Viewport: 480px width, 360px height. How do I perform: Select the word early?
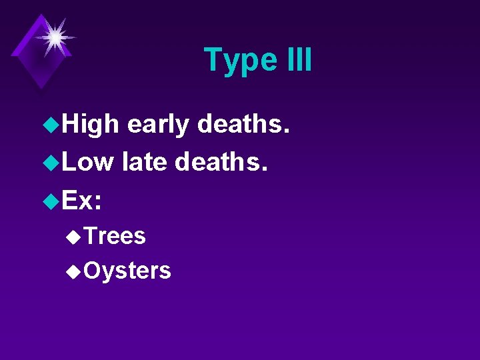coord(158,125)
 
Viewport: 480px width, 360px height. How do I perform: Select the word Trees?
coord(115,235)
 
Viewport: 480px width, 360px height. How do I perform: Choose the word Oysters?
coord(128,271)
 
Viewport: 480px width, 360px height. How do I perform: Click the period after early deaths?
coord(287,132)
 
